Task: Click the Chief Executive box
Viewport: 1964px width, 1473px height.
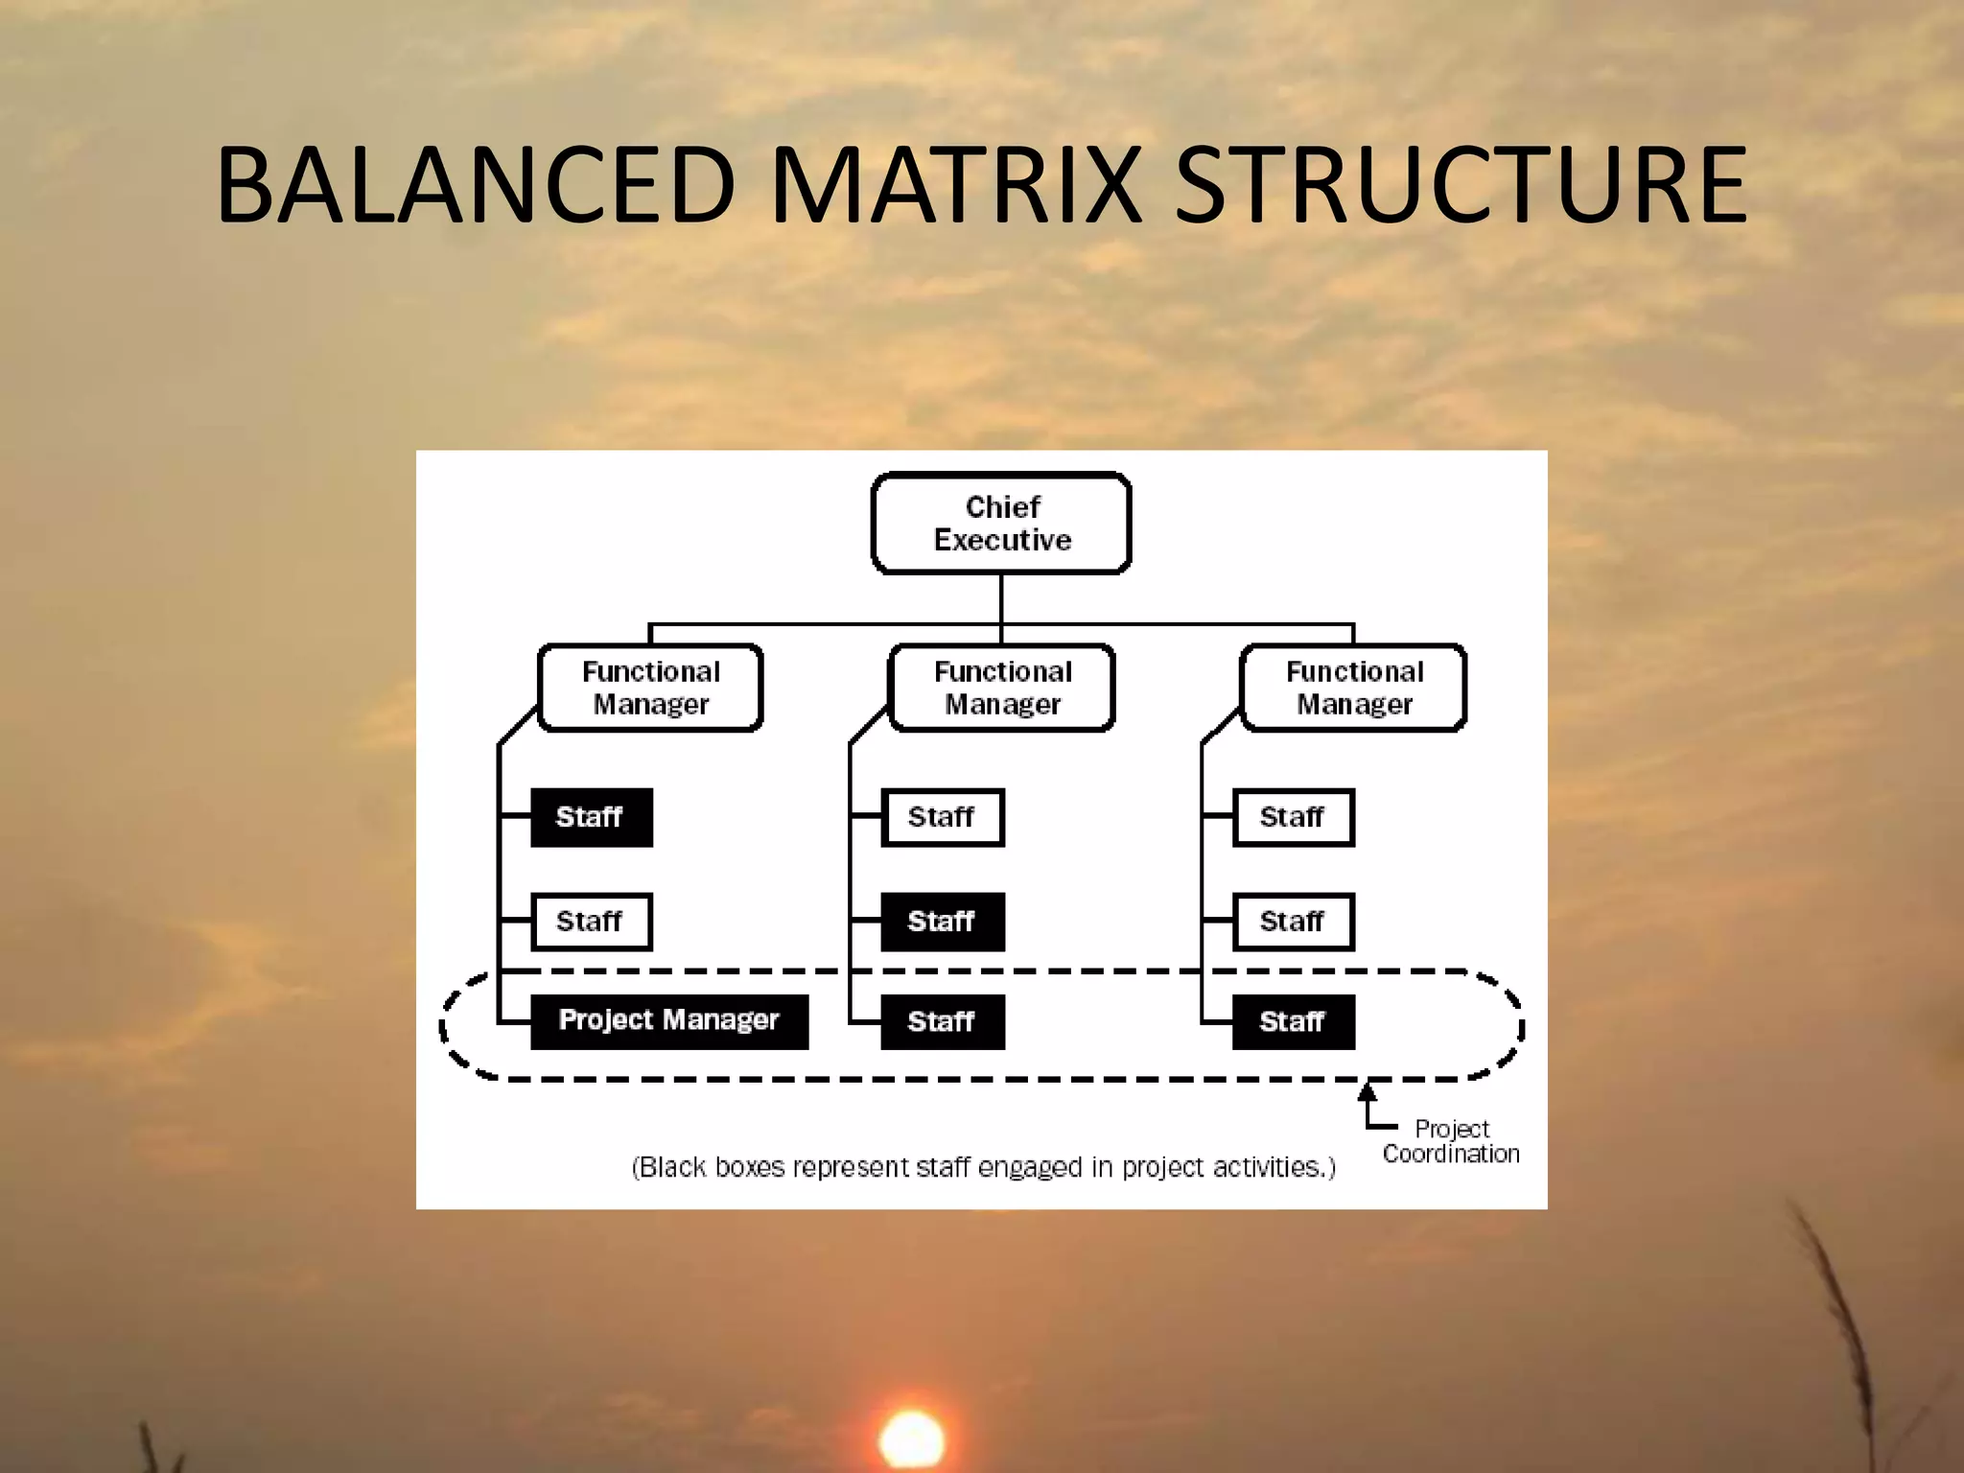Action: (1001, 523)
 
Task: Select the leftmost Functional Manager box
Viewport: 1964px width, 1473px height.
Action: (650, 688)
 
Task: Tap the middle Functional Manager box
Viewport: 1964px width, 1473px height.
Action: (1002, 688)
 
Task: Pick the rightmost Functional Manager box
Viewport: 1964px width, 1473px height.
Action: (1353, 688)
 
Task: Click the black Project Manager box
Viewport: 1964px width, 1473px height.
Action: (668, 1020)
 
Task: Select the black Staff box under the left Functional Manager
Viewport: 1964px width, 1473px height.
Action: (591, 817)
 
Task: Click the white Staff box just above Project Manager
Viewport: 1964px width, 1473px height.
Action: (591, 922)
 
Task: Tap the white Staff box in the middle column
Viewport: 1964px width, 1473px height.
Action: (942, 817)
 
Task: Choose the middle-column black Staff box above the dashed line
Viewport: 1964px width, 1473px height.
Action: (942, 922)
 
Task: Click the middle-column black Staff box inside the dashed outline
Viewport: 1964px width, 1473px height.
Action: (942, 1021)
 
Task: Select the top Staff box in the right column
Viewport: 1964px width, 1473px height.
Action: (1293, 817)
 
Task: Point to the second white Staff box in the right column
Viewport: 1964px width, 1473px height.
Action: (1293, 922)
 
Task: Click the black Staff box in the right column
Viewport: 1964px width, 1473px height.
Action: (1293, 1021)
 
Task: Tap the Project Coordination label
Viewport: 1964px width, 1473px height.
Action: (1451, 1141)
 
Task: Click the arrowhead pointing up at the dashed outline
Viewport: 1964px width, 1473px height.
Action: (1368, 1092)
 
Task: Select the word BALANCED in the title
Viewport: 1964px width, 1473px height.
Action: (476, 184)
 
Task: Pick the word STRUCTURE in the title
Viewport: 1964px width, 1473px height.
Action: (1461, 184)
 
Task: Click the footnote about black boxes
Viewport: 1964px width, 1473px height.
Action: (983, 1167)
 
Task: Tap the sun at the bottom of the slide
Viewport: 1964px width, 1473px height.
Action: (911, 1439)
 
